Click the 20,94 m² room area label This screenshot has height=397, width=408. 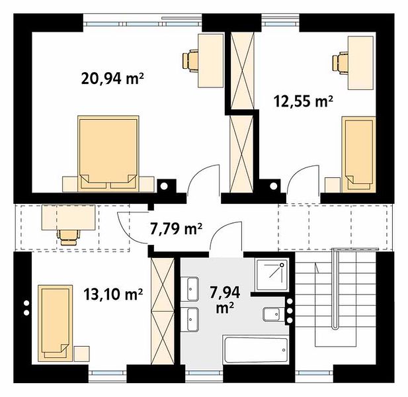tap(112, 78)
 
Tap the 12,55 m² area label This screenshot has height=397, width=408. tap(304, 101)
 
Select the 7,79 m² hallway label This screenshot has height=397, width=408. tap(176, 229)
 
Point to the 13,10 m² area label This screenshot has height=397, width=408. tap(113, 294)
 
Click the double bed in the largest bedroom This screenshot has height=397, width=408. tap(108, 154)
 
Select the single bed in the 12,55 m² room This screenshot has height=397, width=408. tap(358, 154)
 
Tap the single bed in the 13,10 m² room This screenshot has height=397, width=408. tap(55, 323)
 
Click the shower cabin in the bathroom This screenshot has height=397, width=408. tap(272, 275)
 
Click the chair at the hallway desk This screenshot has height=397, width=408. tap(69, 237)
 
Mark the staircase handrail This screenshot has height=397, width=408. tap(336, 288)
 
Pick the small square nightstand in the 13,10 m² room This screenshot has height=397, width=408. tap(82, 353)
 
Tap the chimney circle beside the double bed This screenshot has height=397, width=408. tap(164, 186)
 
